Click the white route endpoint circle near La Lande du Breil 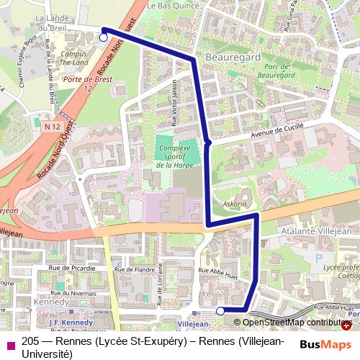pos(104,37)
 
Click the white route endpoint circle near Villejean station pos(220,310)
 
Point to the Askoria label pos(235,204)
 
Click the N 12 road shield pos(50,126)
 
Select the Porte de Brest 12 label pos(81,84)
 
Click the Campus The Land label pos(74,58)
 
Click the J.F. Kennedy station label pos(71,322)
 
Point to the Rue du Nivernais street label pos(73,292)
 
